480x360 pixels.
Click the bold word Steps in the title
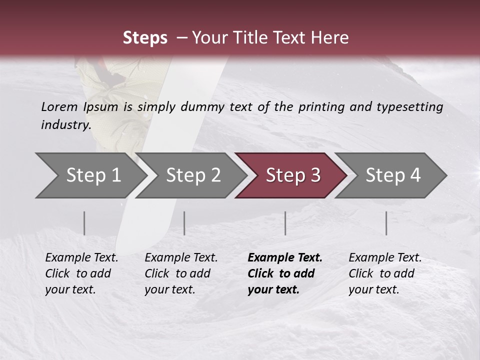click(145, 38)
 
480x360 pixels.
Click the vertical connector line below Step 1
click(84, 223)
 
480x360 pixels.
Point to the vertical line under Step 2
click(184, 223)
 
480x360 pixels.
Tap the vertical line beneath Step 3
click(285, 223)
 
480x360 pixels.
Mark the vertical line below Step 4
click(386, 223)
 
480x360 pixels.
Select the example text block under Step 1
click(81, 273)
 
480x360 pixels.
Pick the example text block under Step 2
click(181, 273)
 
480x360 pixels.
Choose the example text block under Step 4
click(385, 273)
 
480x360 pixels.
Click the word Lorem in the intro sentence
click(59, 106)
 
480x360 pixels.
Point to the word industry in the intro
click(66, 124)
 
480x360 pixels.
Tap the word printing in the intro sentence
click(321, 106)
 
